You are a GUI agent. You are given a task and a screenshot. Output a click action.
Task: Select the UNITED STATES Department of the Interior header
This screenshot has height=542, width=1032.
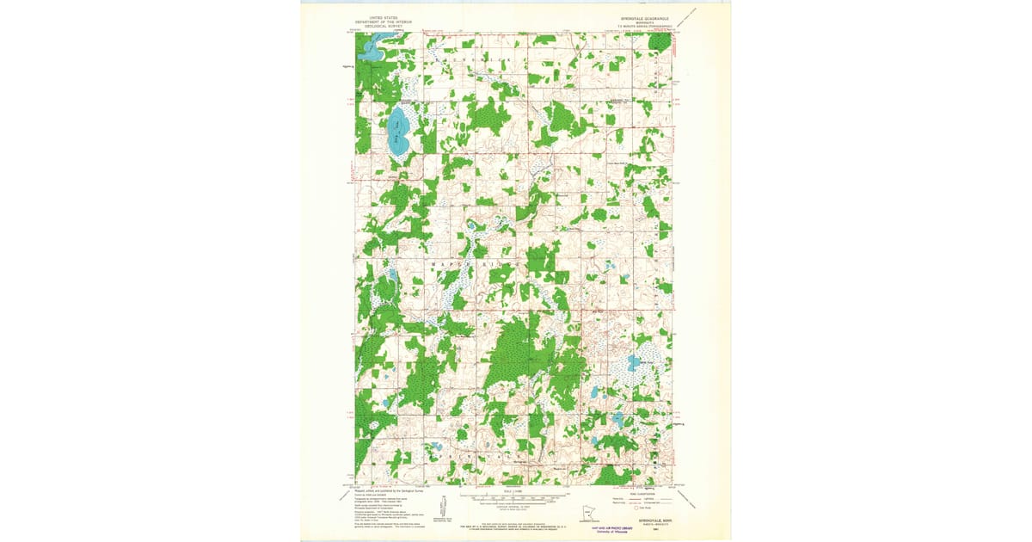coord(372,22)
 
